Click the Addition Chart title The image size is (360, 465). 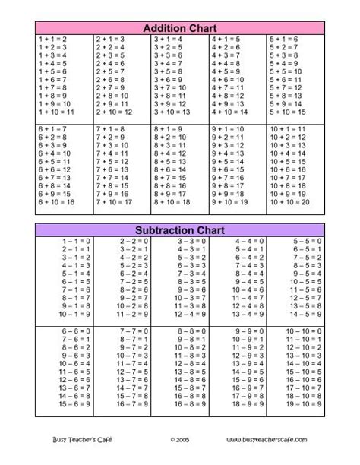180,28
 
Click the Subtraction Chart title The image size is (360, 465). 180,228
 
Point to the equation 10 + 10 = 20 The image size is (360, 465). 289,202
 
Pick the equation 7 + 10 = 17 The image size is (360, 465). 115,202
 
